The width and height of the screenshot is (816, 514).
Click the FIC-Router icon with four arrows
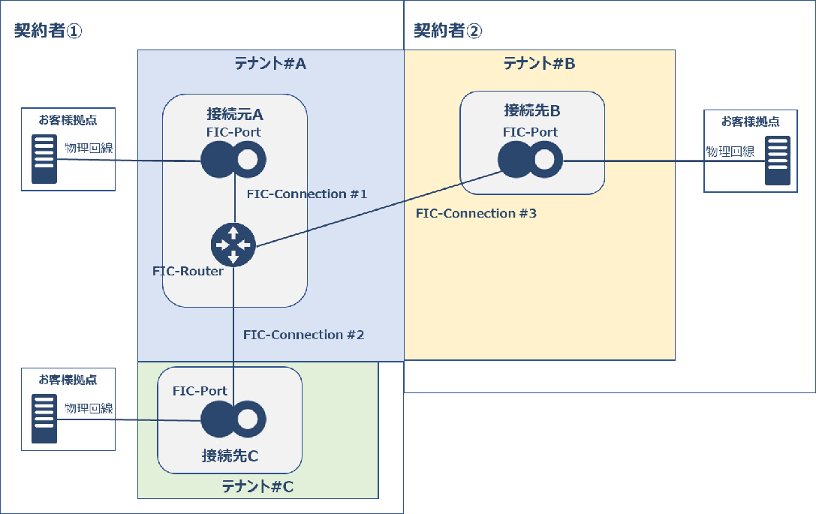point(233,245)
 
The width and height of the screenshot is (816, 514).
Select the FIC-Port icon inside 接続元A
point(233,158)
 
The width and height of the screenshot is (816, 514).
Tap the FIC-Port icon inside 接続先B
point(530,160)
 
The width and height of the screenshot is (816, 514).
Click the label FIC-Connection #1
point(307,194)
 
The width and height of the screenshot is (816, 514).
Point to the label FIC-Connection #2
point(303,335)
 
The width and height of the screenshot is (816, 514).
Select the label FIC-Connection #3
point(476,214)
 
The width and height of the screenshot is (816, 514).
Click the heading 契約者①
point(48,31)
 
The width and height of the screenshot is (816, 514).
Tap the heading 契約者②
point(447,31)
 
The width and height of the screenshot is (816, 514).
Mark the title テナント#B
point(539,64)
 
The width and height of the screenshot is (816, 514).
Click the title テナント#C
point(257,487)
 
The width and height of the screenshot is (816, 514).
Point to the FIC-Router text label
point(188,271)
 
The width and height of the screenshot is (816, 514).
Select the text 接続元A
point(234,115)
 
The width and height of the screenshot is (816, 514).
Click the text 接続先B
point(531,111)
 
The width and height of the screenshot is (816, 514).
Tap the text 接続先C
point(230,455)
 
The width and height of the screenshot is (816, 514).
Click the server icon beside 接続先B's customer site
point(777,161)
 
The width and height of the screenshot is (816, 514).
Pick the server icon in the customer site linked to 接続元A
point(44,158)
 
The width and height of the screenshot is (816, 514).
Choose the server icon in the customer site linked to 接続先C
point(44,419)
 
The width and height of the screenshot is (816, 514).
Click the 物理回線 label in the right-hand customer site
point(730,152)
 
